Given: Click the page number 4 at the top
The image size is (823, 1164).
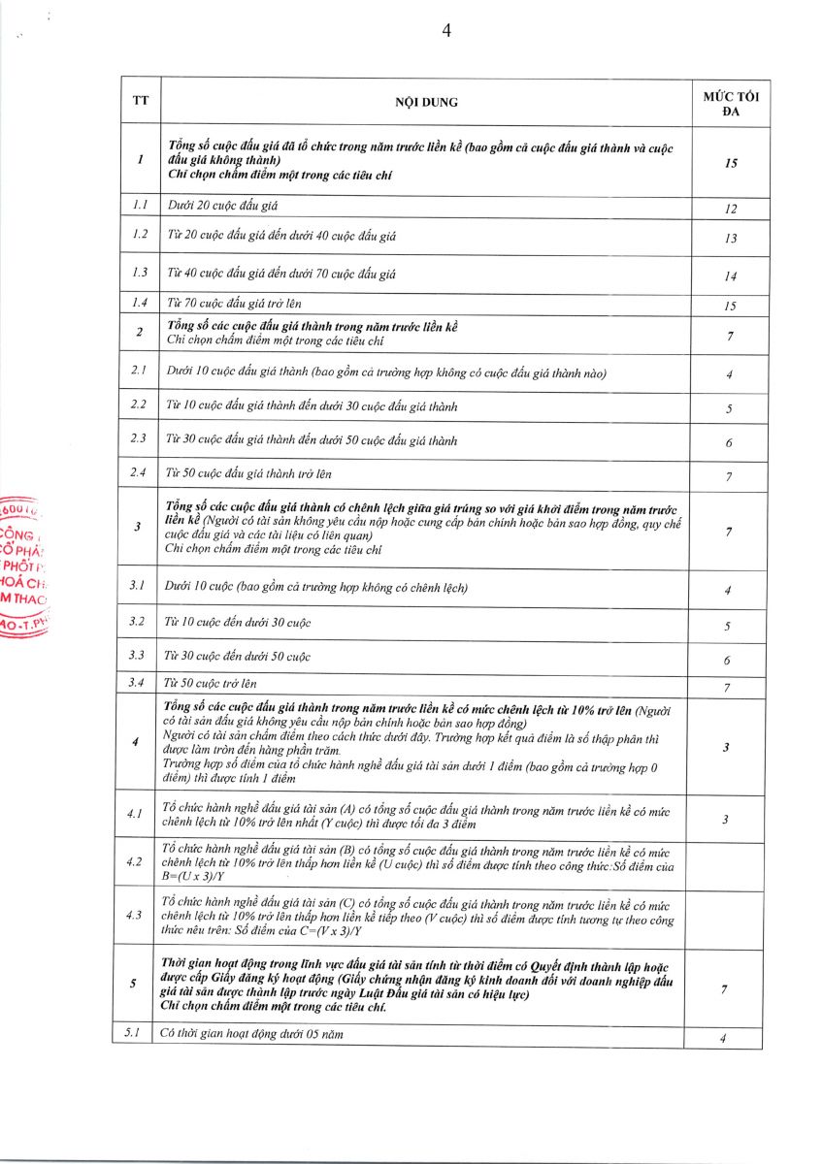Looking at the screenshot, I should (x=446, y=30).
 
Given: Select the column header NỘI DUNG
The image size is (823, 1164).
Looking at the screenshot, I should (x=426, y=102).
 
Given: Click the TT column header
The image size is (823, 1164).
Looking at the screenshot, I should (x=141, y=102).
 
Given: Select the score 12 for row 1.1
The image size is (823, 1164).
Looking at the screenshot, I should (x=731, y=209).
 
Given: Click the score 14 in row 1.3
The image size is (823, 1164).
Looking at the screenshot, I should (x=731, y=276).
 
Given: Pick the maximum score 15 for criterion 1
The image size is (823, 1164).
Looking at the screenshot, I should (x=731, y=163).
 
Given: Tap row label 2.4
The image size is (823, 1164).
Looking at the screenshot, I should (x=139, y=473).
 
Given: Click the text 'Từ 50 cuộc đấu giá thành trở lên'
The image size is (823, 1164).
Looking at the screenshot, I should (x=248, y=473).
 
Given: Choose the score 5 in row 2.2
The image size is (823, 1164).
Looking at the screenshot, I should (x=730, y=409).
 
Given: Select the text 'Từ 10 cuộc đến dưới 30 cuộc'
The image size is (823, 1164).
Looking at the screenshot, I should (x=239, y=622).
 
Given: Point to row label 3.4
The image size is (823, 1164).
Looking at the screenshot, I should (x=138, y=683).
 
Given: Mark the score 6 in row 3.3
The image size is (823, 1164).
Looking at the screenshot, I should (x=728, y=660).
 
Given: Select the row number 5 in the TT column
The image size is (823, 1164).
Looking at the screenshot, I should (x=133, y=984).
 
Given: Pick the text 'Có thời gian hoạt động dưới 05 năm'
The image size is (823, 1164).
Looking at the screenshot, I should (x=251, y=1034).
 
